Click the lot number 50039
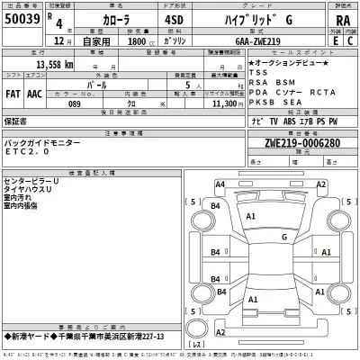[x=22, y=19]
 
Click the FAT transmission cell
[x=13, y=93]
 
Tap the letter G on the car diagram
[x=283, y=237]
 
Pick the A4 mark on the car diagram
[x=220, y=184]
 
